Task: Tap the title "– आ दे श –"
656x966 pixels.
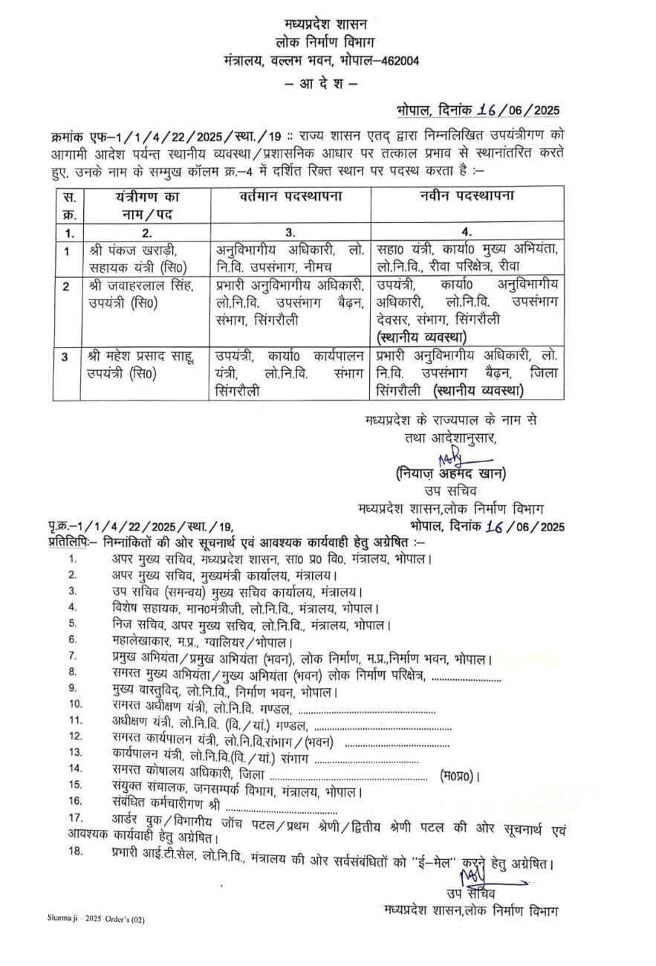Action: click(321, 84)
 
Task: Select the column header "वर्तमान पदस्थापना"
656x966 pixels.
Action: click(289, 198)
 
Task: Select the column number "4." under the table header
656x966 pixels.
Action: click(467, 231)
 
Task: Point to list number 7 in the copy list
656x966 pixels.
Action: click(73, 656)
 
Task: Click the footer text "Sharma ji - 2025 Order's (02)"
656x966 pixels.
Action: click(97, 920)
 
